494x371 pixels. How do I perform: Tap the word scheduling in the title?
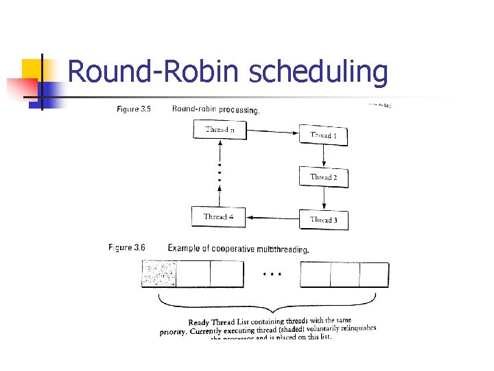(318, 73)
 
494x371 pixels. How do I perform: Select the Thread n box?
(219, 129)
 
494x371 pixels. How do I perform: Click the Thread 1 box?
(323, 135)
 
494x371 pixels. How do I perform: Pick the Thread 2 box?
(323, 177)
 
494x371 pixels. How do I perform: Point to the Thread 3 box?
(323, 219)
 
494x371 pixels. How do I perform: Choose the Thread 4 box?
(219, 216)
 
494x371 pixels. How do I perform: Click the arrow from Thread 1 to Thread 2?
(323, 156)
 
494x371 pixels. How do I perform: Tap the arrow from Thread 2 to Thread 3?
(323, 198)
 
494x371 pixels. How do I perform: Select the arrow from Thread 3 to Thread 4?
(273, 217)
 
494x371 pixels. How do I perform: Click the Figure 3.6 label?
(126, 247)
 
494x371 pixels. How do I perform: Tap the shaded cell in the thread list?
(158, 275)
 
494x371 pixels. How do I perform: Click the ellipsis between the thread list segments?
(272, 273)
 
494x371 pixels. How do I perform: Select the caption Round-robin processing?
(215, 109)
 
